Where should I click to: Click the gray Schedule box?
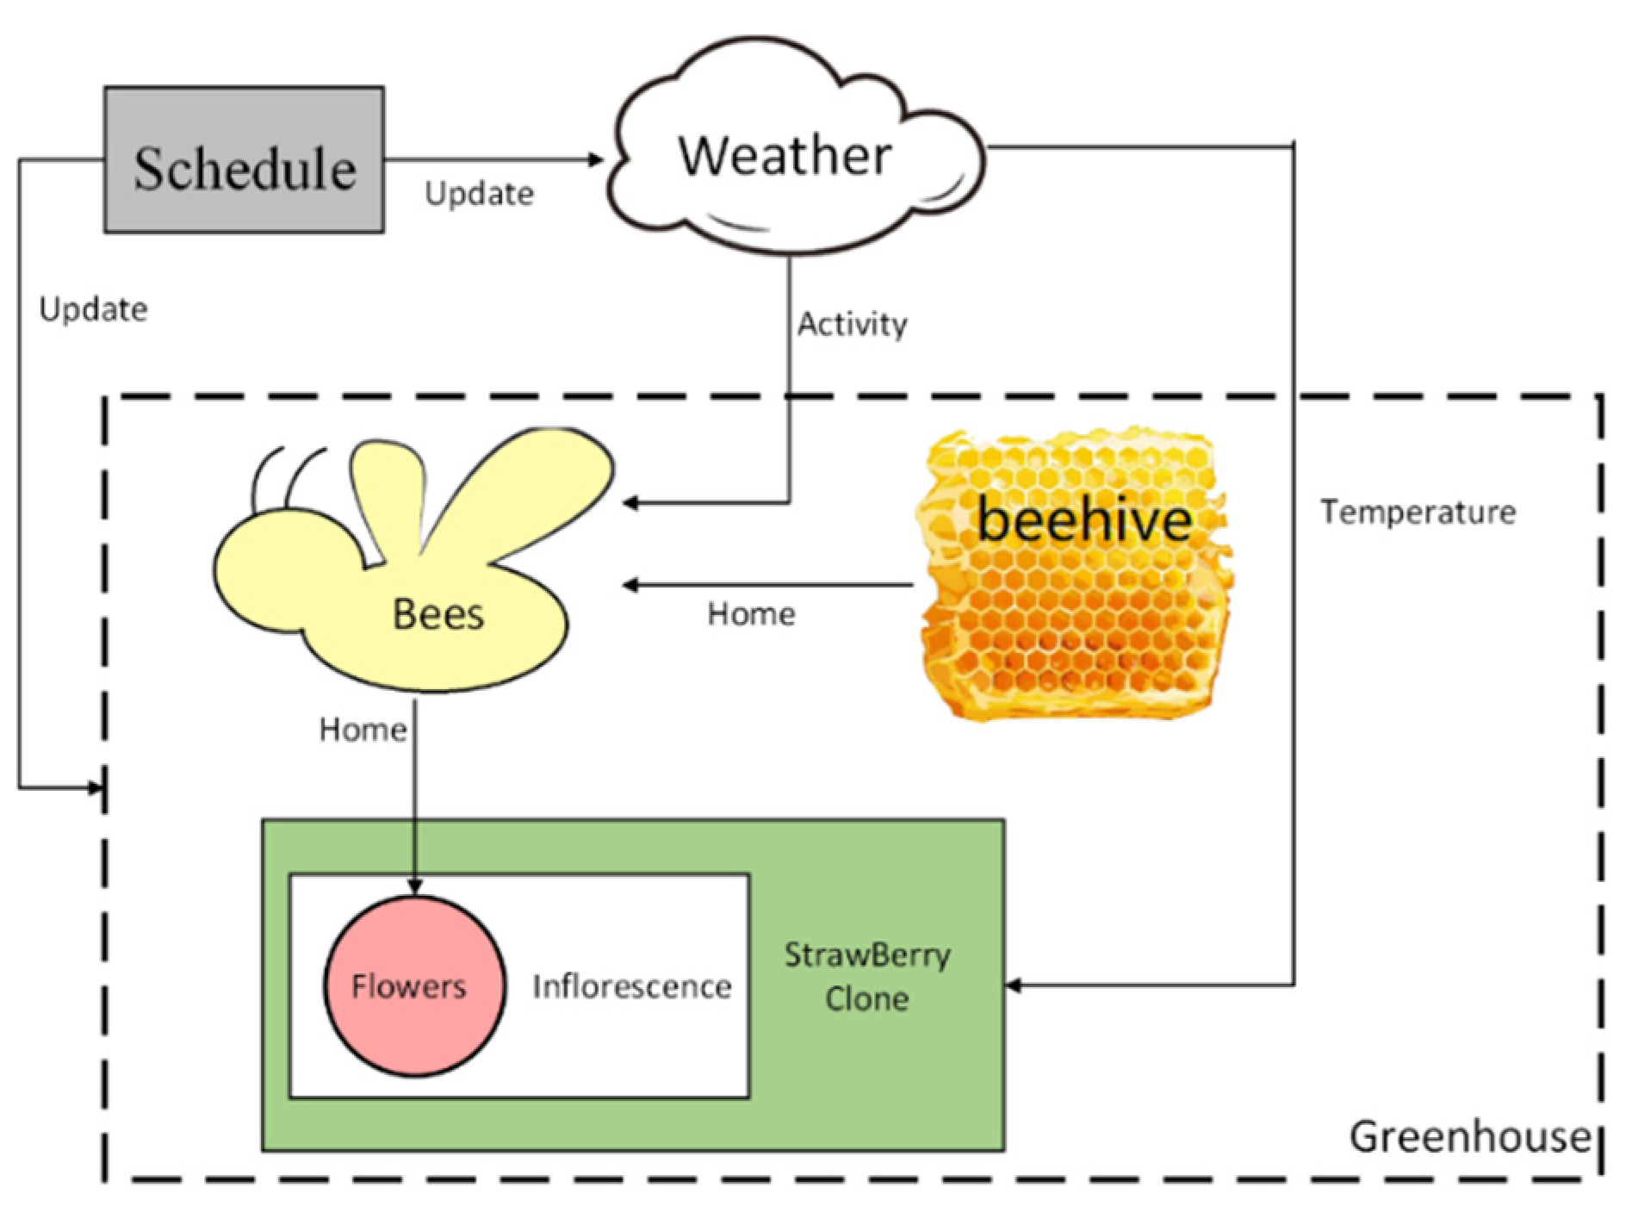point(245,160)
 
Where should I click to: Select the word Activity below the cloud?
point(852,324)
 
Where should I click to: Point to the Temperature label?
point(1418,512)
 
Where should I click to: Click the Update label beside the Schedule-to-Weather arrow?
point(479,193)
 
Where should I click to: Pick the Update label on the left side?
point(93,309)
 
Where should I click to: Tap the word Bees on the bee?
point(437,614)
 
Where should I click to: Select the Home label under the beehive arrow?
point(751,614)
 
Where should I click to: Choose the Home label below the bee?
point(363,730)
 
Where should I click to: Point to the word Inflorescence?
point(632,986)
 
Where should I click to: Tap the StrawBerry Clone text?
point(867,977)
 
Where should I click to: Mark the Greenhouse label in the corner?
point(1469,1136)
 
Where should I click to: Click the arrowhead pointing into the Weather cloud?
point(596,159)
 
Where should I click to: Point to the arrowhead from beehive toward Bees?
point(631,586)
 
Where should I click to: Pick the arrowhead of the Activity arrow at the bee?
point(631,502)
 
